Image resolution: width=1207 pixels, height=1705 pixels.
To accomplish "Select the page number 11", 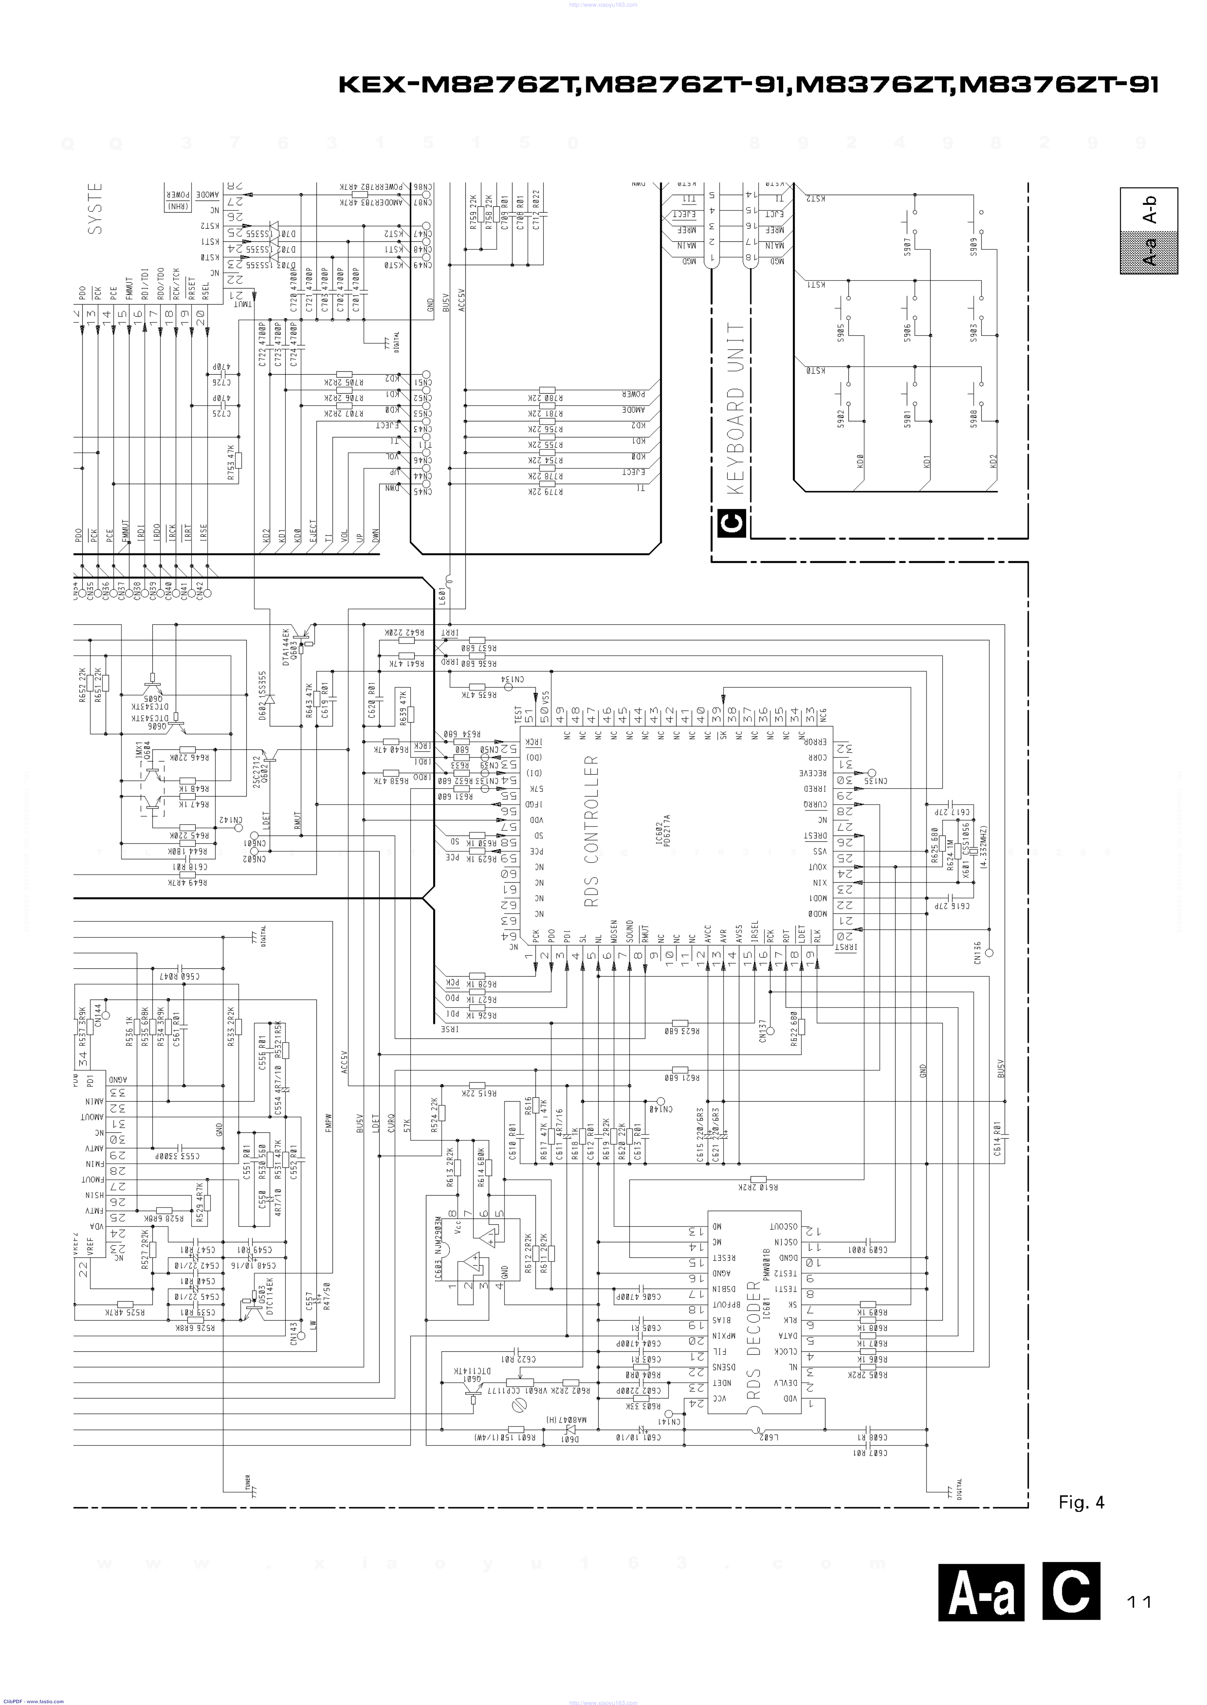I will click(1139, 1602).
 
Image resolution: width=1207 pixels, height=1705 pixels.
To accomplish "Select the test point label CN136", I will click(977, 953).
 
